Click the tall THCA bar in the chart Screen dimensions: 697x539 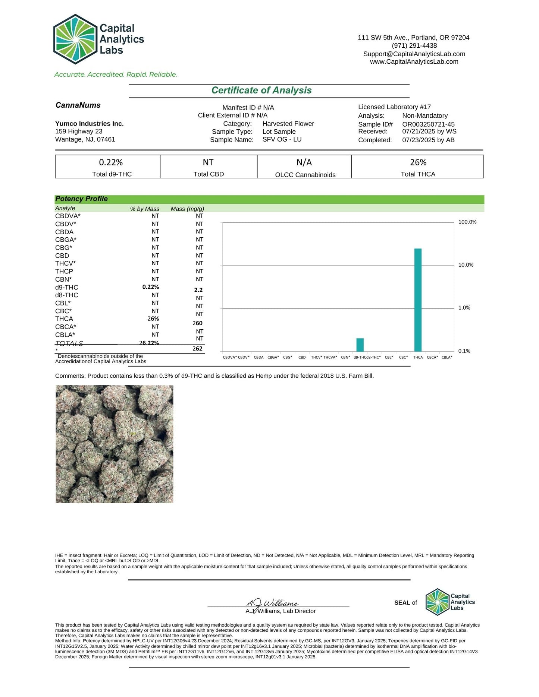click(418, 300)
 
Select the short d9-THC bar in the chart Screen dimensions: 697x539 click(360, 345)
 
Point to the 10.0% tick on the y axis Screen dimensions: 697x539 click(466, 265)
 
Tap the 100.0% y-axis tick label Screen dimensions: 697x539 click(467, 222)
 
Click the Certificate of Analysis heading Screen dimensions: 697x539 click(261, 91)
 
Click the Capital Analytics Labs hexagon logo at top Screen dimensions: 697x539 click(76, 39)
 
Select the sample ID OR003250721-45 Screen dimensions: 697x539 click(428, 124)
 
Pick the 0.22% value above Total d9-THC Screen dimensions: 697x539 click(111, 162)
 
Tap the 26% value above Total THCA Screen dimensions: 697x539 click(418, 162)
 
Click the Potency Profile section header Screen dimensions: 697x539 click(82, 199)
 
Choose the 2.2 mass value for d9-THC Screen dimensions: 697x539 click(198, 290)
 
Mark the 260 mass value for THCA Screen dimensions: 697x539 click(197, 323)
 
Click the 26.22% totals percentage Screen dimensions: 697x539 click(149, 343)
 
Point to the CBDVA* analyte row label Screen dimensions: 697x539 click(68, 216)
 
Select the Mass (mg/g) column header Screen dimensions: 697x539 click(187, 209)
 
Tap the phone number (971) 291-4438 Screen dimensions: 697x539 click(414, 45)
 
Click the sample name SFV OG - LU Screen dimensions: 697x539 click(282, 139)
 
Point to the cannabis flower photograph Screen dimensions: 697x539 click(115, 444)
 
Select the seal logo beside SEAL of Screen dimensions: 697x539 click(438, 602)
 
